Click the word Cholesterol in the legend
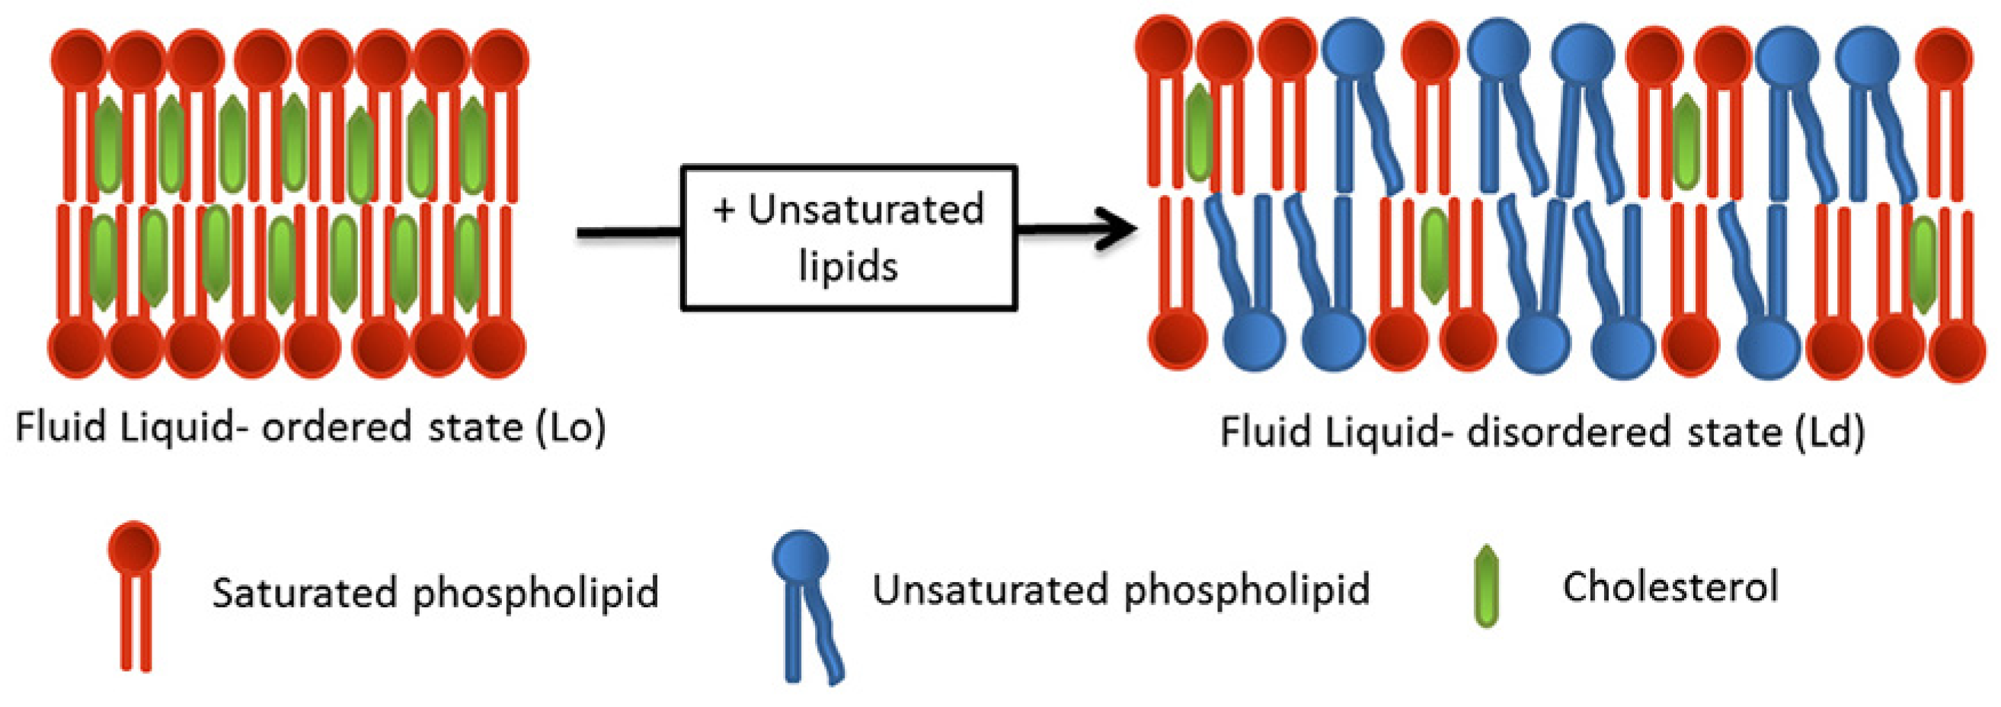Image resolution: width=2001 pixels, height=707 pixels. click(x=1670, y=587)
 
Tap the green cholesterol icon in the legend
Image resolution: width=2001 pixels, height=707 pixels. click(x=1486, y=587)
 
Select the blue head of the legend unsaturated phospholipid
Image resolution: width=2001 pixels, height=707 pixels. click(x=800, y=557)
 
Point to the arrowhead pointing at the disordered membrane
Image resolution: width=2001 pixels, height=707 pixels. click(x=1119, y=229)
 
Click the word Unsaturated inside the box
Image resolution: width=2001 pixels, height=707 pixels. click(x=865, y=210)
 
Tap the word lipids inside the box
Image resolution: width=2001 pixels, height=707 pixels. click(x=849, y=266)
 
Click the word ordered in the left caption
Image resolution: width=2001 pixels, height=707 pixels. click(x=337, y=428)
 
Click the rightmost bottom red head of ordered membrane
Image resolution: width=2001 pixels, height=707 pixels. click(x=498, y=349)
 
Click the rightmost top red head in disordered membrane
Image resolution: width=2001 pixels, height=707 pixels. click(x=1944, y=56)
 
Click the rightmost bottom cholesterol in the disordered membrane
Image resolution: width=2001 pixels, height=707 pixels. click(x=1923, y=264)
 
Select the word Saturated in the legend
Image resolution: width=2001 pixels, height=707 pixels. click(x=304, y=592)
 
